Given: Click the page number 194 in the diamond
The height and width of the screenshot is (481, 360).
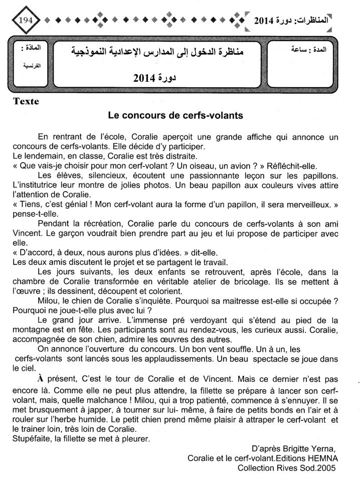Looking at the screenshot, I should coord(25,21).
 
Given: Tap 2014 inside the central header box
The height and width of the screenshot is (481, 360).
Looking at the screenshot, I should coord(146,78).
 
